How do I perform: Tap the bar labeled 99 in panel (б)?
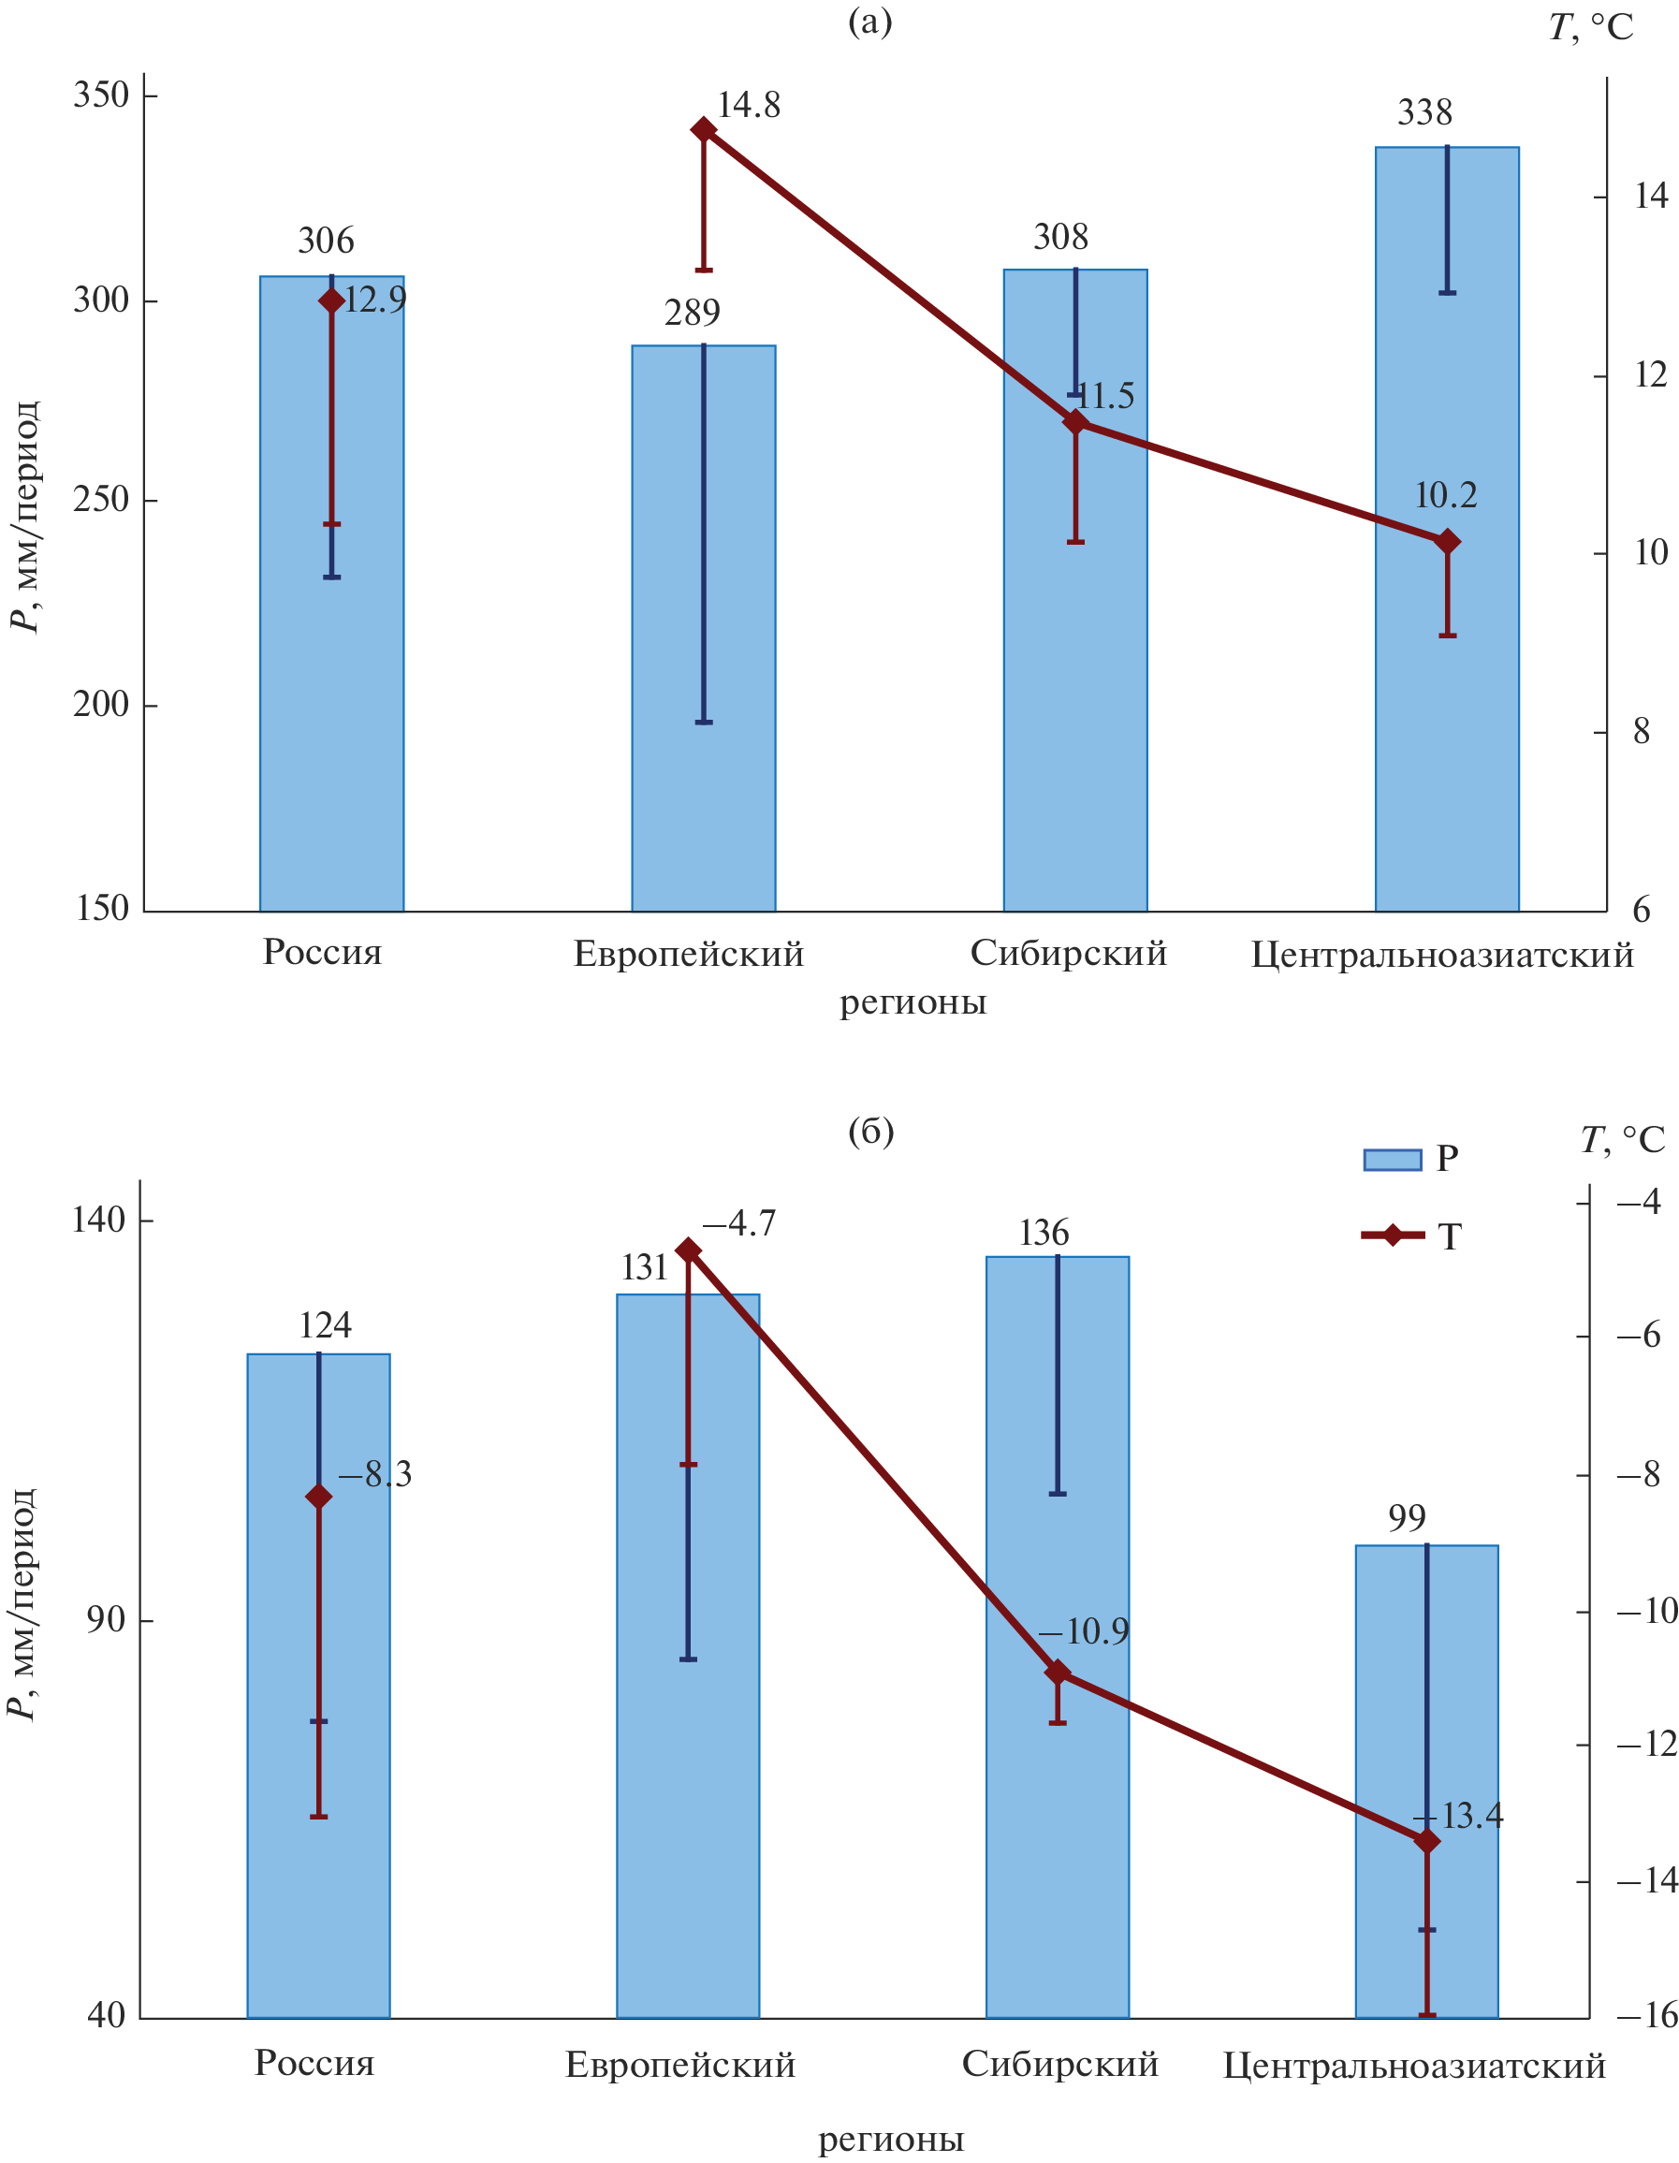1426,1783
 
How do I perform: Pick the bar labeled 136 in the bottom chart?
1057,1634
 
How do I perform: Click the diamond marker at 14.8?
703,130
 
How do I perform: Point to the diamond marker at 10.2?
1447,542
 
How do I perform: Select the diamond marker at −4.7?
689,1250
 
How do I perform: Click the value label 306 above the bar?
326,241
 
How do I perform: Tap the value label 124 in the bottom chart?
325,1326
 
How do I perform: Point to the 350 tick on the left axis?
101,96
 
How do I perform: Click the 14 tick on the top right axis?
1650,197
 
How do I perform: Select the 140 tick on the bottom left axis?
99,1220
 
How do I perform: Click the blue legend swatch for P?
1392,1160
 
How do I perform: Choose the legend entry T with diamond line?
1410,1236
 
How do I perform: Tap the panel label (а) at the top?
869,22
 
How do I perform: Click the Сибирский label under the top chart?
1068,953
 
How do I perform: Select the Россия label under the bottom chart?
314,2063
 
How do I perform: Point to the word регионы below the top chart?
912,1002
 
